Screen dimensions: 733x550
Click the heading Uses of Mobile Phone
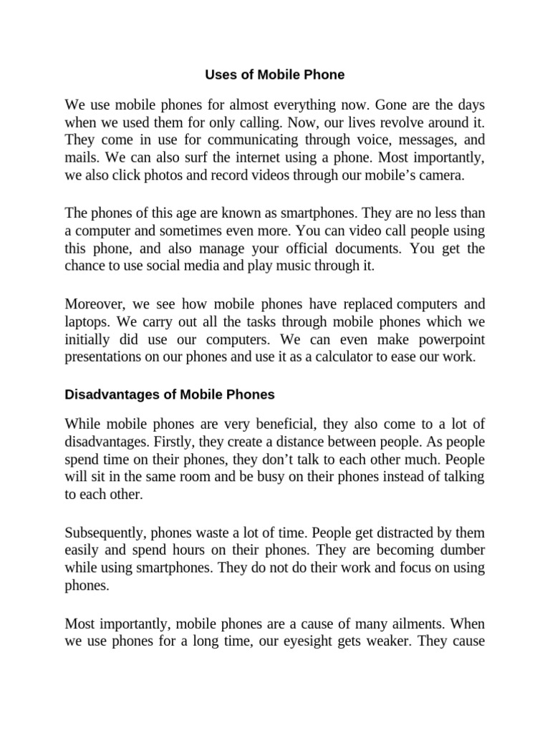tap(275, 74)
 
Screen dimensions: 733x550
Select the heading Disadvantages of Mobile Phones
tap(170, 394)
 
